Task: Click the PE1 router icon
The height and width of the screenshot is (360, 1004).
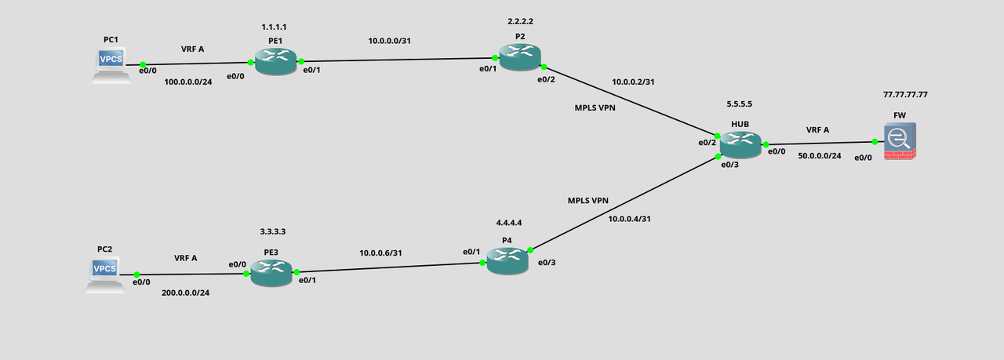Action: point(275,62)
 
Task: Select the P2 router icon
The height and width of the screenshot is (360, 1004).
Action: point(520,57)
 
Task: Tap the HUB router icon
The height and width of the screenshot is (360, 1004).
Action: point(740,145)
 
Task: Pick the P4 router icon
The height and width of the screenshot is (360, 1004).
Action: point(507,261)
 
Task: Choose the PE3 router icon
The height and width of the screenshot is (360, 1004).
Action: point(271,273)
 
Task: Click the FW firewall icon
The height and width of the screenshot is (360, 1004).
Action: point(900,142)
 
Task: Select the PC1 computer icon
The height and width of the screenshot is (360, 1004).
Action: point(111,65)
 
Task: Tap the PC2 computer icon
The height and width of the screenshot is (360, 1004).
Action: point(105,275)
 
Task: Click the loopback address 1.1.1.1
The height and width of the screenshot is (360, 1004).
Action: point(274,27)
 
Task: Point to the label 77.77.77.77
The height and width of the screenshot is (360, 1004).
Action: point(905,95)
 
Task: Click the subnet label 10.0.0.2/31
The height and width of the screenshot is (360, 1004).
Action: point(633,82)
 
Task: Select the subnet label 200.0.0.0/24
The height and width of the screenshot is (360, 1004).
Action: point(185,293)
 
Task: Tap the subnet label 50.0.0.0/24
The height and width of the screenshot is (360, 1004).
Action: point(820,156)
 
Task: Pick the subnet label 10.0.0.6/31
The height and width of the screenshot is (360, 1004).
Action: point(380,253)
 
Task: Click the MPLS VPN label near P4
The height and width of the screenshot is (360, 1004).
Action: point(588,201)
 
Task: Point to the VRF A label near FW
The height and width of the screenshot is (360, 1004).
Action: point(817,130)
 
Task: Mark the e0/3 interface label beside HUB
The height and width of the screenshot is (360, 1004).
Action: point(729,165)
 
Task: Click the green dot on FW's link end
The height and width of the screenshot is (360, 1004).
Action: point(875,142)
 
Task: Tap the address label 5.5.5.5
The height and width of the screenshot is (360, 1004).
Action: point(739,104)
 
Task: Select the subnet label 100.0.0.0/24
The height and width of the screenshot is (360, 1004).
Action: point(187,82)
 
